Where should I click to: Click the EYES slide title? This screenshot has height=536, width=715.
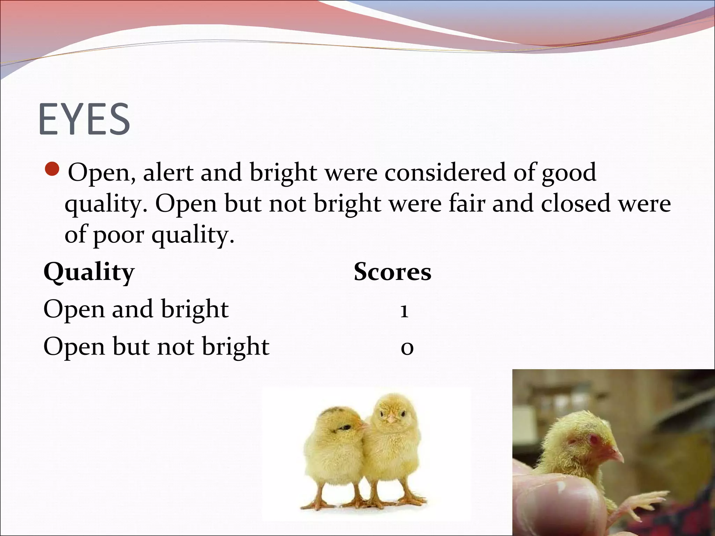[x=84, y=119]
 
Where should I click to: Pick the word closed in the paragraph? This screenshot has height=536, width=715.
[x=576, y=203]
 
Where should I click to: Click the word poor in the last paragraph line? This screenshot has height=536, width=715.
[x=118, y=234]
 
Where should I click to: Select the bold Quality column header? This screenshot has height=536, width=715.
[x=89, y=272]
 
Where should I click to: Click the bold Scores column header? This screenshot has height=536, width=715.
[x=392, y=272]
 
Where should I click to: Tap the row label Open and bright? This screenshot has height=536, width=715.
[x=136, y=309]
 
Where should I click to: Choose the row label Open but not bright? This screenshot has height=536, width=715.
[x=156, y=347]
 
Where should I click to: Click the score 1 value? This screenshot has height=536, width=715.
[x=404, y=310]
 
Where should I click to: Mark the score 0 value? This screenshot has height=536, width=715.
[x=407, y=348]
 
